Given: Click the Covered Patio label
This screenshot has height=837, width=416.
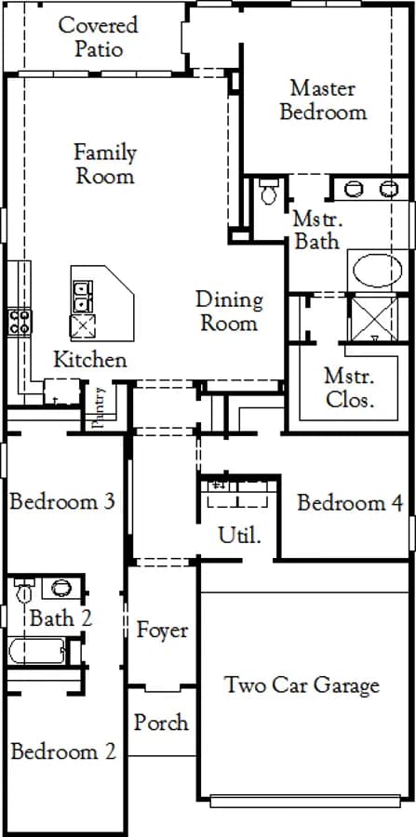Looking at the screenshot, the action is point(99,37).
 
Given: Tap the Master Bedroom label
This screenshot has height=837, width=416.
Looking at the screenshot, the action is point(324,100).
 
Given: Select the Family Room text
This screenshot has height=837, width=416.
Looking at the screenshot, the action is point(104,164).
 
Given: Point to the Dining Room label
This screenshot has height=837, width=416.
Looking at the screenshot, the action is point(229,311).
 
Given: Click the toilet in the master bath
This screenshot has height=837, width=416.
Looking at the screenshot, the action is point(269,192).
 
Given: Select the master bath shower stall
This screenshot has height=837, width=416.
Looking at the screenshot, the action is point(374,319).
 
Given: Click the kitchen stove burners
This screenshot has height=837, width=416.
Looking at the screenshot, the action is point(20,322).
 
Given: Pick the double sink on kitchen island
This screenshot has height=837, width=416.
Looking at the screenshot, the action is point(83,297).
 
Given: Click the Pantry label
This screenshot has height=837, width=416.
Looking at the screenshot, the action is point(99,407).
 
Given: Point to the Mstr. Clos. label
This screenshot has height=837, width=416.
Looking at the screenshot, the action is point(348,388).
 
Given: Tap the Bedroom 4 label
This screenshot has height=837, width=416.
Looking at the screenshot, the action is point(350,503).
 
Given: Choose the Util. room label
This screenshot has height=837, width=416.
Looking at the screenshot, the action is point(240,535).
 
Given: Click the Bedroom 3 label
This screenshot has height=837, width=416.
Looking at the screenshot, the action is point(62,502).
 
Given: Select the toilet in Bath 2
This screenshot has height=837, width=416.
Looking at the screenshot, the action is point(23,591).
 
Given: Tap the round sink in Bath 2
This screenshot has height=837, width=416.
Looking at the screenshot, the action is point(61,588).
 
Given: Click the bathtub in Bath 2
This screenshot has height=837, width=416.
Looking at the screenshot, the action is point(36,651).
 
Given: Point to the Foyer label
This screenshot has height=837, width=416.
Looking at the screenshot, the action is point(162,630).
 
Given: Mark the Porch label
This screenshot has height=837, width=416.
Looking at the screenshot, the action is point(161,723).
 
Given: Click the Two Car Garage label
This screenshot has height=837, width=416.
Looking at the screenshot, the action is point(302,684).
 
